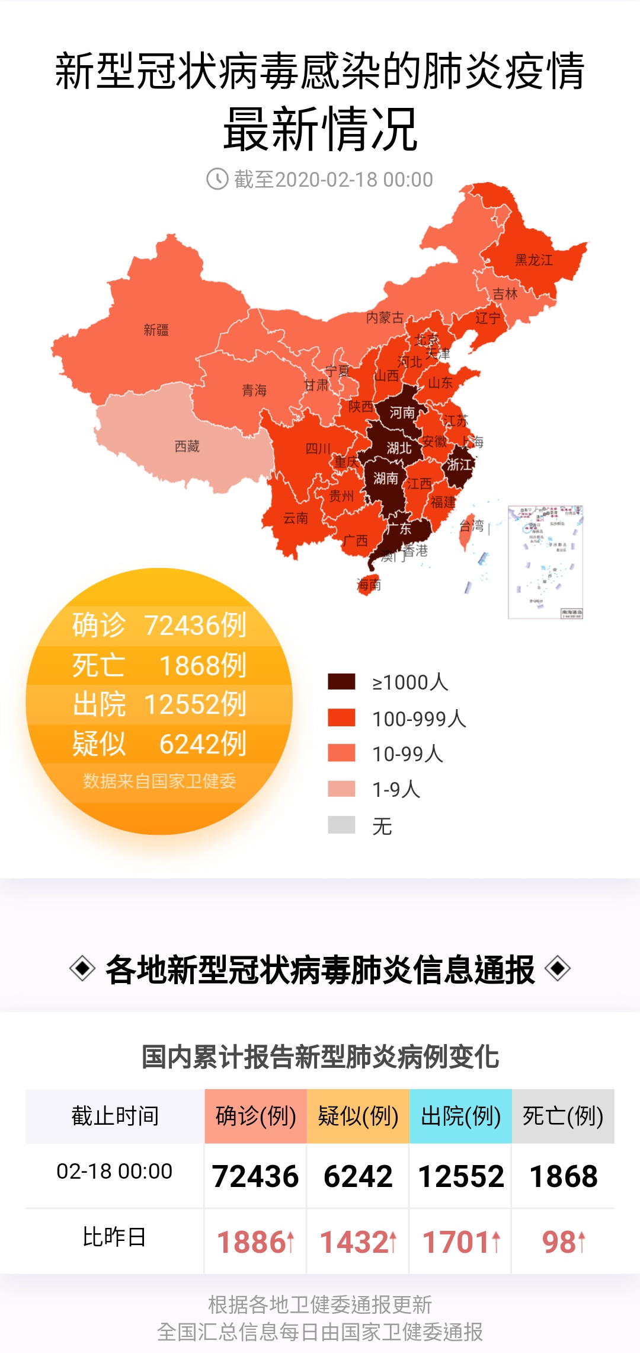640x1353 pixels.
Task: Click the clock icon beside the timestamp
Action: [x=217, y=178]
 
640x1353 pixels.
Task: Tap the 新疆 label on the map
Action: [x=156, y=330]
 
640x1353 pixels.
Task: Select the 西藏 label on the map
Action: [x=187, y=446]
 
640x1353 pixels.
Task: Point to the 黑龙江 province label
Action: [x=533, y=260]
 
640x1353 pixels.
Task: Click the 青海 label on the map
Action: [x=254, y=390]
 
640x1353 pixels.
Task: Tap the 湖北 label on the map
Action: [x=399, y=448]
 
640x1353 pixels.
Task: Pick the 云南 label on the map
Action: [x=296, y=518]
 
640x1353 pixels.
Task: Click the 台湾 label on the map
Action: [x=472, y=525]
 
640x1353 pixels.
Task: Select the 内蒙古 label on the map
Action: [x=385, y=318]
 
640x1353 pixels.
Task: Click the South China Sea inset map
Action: [x=546, y=561]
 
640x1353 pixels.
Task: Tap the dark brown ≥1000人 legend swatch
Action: [x=341, y=682]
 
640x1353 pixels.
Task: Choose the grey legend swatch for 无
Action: [x=341, y=825]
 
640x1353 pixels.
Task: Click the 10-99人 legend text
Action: [x=408, y=754]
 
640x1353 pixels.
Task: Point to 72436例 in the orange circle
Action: [x=196, y=625]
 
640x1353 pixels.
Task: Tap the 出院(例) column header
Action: [x=460, y=1116]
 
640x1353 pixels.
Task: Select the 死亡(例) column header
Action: [x=563, y=1116]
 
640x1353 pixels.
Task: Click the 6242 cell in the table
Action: [x=358, y=1176]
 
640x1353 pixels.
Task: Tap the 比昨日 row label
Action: [x=114, y=1237]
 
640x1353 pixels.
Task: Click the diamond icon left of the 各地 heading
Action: [x=82, y=969]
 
